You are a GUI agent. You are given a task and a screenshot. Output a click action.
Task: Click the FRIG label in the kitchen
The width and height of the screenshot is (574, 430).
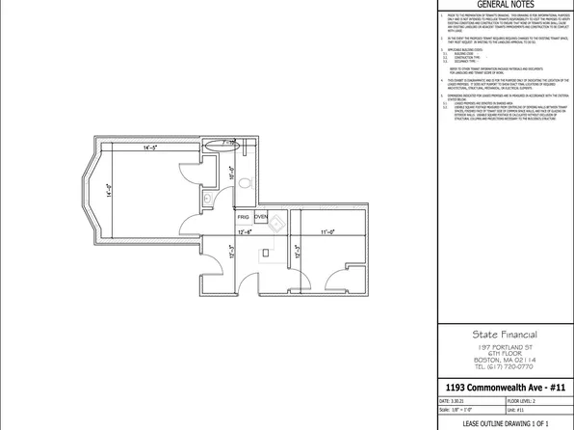click(x=245, y=218)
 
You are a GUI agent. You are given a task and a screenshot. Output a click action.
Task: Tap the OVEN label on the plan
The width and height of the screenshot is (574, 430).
click(x=261, y=218)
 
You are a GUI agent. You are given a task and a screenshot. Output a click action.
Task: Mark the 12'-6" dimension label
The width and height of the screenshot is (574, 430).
click(x=245, y=232)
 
